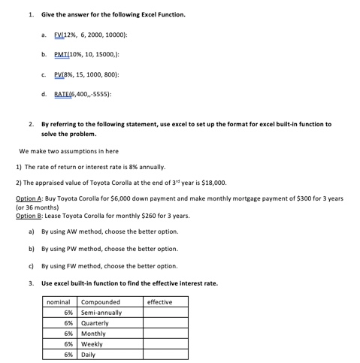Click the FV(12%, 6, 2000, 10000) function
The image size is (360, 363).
(x=90, y=35)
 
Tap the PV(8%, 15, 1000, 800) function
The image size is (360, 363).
(x=86, y=74)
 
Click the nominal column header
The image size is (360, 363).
(x=58, y=302)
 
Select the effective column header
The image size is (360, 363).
(x=159, y=302)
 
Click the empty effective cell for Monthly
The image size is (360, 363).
(x=165, y=334)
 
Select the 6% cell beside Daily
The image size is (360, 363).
(x=68, y=354)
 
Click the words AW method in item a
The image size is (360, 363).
(x=79, y=231)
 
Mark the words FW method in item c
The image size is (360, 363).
(x=79, y=265)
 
